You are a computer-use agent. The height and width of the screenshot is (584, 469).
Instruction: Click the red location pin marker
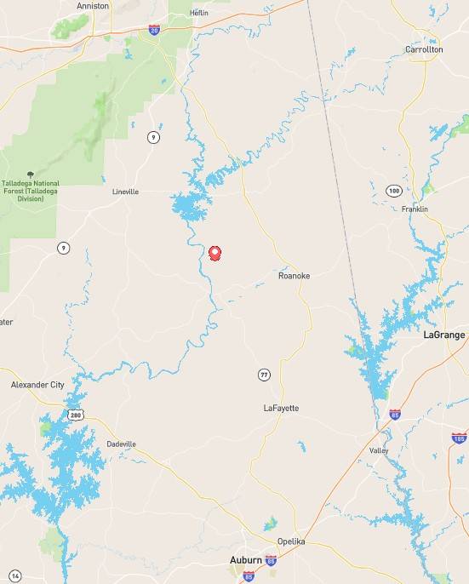coord(214,253)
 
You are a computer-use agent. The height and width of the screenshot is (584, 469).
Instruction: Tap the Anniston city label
coord(93,6)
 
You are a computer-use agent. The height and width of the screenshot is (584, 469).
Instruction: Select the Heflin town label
coord(199,13)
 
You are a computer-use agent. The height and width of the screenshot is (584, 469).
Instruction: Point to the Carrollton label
coord(424,49)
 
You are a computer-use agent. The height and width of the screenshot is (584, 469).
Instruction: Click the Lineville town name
coord(125,192)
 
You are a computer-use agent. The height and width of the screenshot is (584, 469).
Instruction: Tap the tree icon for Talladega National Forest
coord(31,173)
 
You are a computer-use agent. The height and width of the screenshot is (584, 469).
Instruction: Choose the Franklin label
coord(415,209)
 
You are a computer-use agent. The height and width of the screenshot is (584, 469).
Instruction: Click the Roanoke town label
coord(294,276)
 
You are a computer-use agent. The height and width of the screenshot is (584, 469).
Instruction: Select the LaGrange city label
coord(444,335)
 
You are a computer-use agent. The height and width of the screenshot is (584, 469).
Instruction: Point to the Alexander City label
coord(37,385)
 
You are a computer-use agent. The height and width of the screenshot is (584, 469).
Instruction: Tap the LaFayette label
coord(281,409)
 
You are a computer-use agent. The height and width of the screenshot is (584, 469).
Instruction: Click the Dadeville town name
coord(122,444)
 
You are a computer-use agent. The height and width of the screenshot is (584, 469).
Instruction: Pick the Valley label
coord(379,449)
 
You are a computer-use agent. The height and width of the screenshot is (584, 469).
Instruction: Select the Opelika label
coord(291,541)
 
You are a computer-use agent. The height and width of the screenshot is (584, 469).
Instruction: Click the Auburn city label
coord(247,560)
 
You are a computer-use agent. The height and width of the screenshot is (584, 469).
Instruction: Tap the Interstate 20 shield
coord(154,30)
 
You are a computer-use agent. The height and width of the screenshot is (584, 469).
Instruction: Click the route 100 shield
coord(392,190)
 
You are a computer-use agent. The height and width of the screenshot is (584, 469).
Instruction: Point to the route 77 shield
coord(264,374)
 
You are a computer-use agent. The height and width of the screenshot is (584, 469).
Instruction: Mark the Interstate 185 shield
coord(460,438)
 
